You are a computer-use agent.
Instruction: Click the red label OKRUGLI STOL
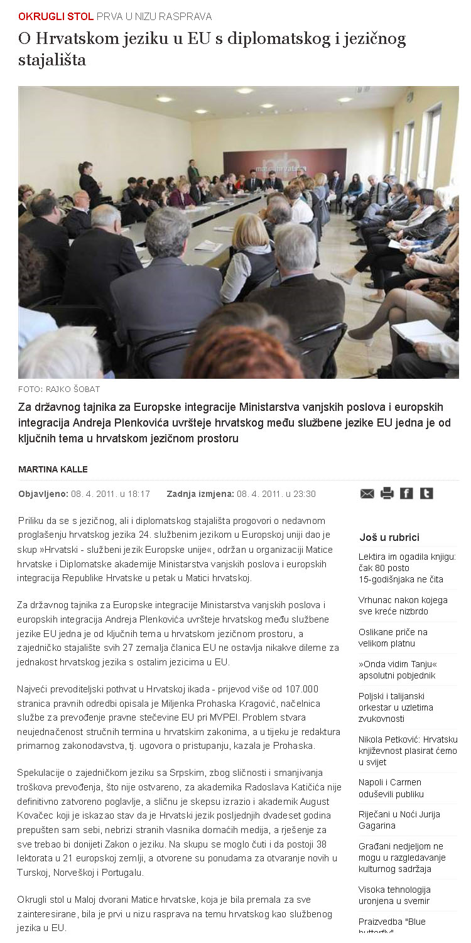point(56,16)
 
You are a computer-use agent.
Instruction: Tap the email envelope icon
point(367,494)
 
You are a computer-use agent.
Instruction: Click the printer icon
point(387,493)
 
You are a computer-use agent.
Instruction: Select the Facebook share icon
point(407,493)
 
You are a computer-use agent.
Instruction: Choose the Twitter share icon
point(426,493)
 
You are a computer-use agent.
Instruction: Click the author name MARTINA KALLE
point(53,469)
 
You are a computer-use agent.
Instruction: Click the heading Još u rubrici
point(389,537)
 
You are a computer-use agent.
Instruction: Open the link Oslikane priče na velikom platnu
point(393,638)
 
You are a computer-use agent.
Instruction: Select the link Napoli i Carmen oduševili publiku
point(390,788)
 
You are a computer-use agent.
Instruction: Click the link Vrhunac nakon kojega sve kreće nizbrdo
point(403,606)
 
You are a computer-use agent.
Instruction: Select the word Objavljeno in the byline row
point(43,494)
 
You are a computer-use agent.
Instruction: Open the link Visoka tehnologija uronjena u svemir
point(394,895)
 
